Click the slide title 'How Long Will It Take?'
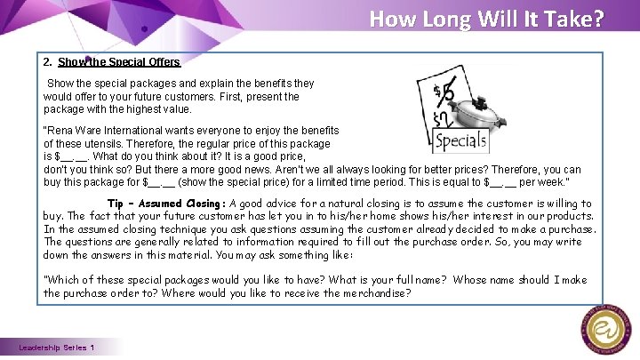(x=484, y=18)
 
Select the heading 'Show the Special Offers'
(x=118, y=62)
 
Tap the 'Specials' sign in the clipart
(x=460, y=140)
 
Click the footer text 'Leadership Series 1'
(x=57, y=347)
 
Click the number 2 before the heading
(x=46, y=62)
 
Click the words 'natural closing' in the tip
(x=350, y=202)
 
